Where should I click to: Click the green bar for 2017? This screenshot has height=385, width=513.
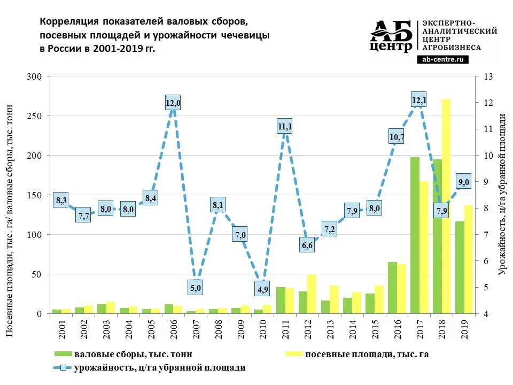pyautogui.click(x=415, y=235)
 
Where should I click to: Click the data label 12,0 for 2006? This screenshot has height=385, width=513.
pyautogui.click(x=173, y=103)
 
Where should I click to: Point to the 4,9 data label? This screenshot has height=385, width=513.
pyautogui.click(x=263, y=290)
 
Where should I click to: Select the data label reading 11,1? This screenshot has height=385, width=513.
pyautogui.click(x=285, y=127)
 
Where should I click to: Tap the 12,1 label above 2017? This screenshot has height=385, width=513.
pyautogui.click(x=419, y=99)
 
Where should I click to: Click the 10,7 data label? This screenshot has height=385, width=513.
pyautogui.click(x=397, y=137)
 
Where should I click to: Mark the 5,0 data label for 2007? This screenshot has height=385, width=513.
pyautogui.click(x=196, y=288)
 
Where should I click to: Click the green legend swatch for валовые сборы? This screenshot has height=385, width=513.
pyautogui.click(x=62, y=354)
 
